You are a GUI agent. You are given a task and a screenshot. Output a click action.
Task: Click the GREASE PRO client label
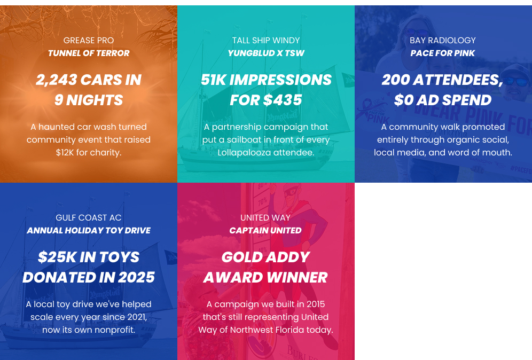pyautogui.click(x=89, y=41)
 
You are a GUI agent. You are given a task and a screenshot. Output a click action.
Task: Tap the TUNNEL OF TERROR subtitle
pyautogui.click(x=89, y=53)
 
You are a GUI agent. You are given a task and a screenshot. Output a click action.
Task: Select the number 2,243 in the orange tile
pyautogui.click(x=56, y=80)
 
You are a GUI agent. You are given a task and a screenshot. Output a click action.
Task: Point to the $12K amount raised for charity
pyautogui.click(x=65, y=153)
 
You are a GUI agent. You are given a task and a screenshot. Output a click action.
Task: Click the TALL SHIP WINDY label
pyautogui.click(x=266, y=41)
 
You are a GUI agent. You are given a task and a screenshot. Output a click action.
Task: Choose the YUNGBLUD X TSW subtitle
pyautogui.click(x=266, y=53)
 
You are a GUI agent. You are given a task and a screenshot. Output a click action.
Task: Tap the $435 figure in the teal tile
pyautogui.click(x=282, y=100)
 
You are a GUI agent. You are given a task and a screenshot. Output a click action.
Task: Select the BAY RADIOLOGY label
pyautogui.click(x=443, y=41)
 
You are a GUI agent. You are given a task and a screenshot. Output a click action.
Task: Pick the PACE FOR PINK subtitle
pyautogui.click(x=443, y=53)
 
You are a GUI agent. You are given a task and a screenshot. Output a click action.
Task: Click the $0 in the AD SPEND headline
pyautogui.click(x=403, y=100)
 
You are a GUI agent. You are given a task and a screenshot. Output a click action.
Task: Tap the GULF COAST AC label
pyautogui.click(x=89, y=218)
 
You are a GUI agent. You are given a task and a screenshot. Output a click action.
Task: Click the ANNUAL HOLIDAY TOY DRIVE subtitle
pyautogui.click(x=89, y=231)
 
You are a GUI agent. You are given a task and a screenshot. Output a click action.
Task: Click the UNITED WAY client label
pyautogui.click(x=265, y=218)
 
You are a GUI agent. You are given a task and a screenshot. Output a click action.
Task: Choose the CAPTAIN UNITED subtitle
pyautogui.click(x=265, y=231)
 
